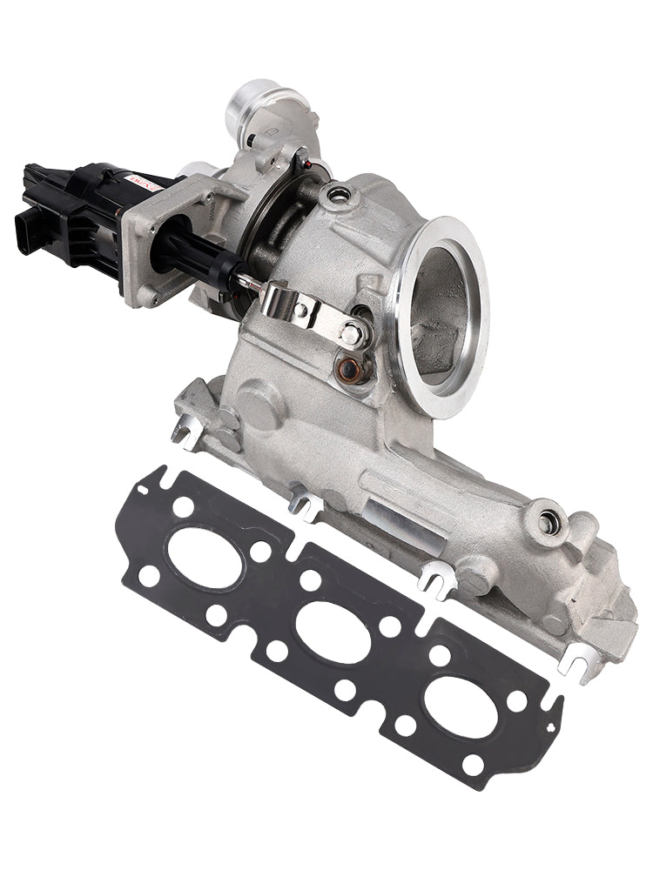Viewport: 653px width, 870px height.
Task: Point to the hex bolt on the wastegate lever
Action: [350, 332]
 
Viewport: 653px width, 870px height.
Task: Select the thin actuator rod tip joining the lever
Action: [250, 281]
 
